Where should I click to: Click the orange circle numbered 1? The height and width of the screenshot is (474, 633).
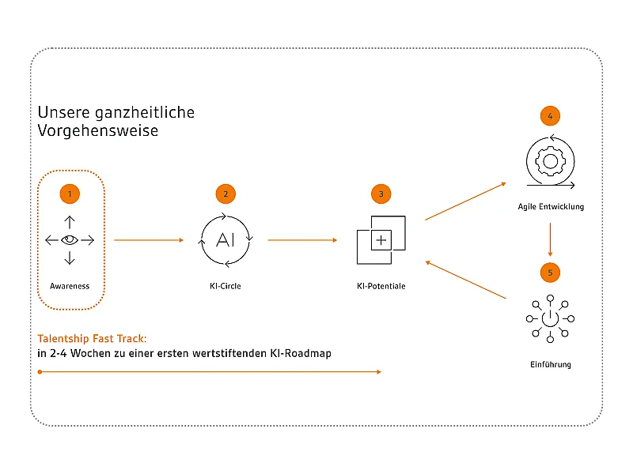70,194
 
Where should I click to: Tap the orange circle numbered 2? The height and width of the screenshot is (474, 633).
226,194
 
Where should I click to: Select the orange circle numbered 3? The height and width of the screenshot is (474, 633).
381,194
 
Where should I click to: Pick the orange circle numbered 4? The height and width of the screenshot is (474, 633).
550,116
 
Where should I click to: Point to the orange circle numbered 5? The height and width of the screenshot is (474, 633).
550,273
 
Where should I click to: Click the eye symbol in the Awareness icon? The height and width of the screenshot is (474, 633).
70,240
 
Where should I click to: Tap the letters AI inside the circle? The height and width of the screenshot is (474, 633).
226,240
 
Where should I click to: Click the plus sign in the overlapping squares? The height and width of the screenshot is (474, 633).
381,240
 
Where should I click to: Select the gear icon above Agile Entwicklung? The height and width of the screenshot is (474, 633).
550,162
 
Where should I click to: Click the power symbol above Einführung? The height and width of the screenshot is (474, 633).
550,318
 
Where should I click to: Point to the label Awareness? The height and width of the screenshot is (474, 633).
70,286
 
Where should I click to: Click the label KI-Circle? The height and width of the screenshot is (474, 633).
226,286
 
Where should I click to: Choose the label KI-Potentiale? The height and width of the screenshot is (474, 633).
381,286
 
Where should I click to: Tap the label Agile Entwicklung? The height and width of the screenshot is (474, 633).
551,207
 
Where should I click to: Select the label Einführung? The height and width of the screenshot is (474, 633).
551,364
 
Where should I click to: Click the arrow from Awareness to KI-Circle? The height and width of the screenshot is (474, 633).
149,240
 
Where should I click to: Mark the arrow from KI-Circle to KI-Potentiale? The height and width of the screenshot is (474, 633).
302,240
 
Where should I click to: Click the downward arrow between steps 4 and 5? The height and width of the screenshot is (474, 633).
550,239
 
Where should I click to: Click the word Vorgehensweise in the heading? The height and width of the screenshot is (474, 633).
97,130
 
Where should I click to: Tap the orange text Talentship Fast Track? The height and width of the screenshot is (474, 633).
92,339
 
